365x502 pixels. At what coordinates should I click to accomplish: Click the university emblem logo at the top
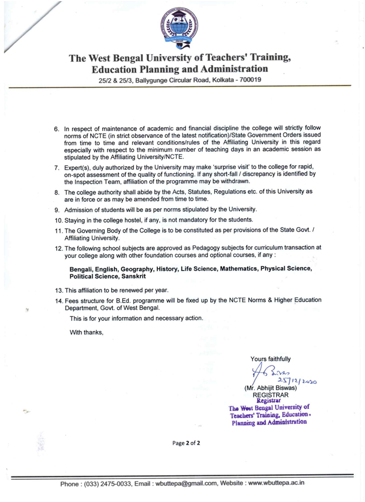pos(182,28)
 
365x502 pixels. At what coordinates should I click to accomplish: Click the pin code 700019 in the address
pos(248,81)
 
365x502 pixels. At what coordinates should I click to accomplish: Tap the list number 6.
pos(56,129)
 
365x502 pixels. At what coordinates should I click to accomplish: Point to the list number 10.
pos(58,220)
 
